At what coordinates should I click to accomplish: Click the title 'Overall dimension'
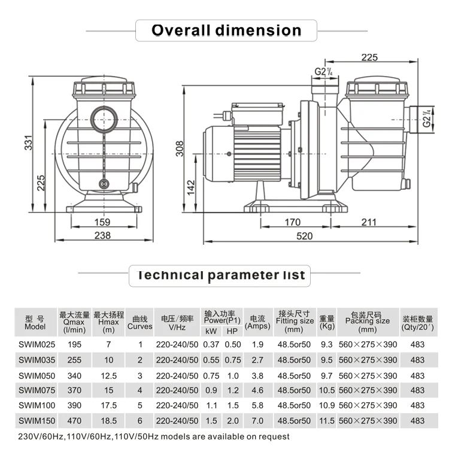coord(226,30)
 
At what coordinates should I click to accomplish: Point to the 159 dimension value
coord(102,222)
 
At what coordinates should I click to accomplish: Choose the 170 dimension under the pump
coord(292,222)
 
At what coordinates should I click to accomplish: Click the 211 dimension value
coord(369,222)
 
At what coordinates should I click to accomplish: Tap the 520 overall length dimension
coord(305,236)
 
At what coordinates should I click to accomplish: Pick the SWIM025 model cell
coord(35,344)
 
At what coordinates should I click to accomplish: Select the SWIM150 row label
coord(35,421)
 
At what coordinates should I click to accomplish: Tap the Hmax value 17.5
coord(108,406)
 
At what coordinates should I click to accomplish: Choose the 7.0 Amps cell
coord(257,421)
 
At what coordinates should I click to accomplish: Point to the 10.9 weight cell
coord(327,406)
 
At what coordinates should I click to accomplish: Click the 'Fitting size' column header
coord(295,321)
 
